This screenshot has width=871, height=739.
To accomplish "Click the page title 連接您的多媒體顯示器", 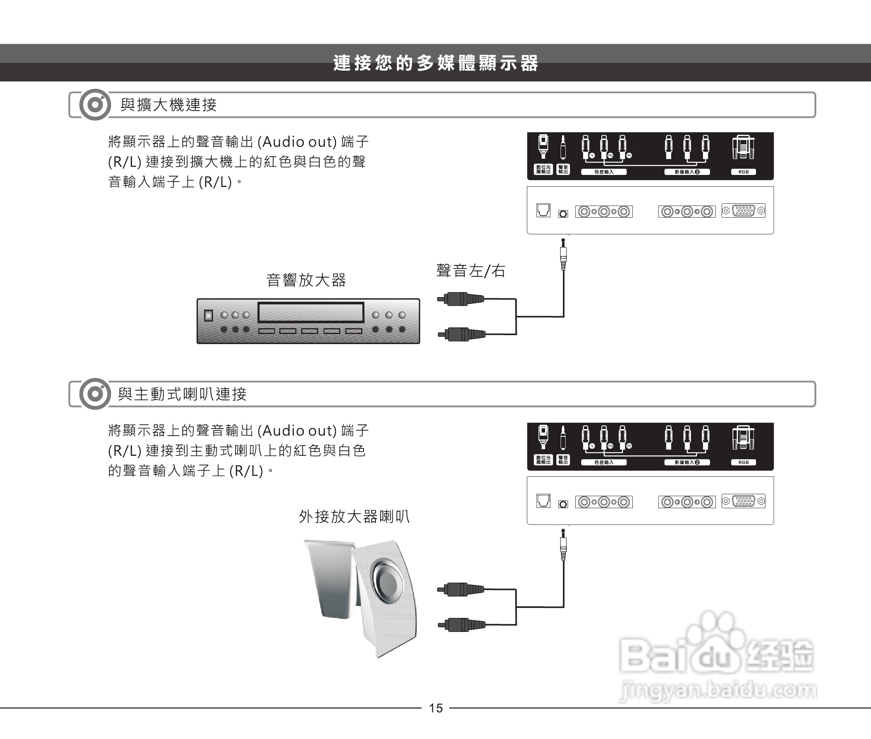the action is [x=435, y=63].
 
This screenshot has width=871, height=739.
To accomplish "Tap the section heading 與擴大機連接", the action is [x=168, y=105].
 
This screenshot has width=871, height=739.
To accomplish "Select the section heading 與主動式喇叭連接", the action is [x=182, y=394].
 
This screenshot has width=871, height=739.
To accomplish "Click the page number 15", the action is [x=436, y=708].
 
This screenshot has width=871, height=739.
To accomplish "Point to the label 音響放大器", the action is [x=306, y=280].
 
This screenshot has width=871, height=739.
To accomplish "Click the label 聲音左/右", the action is [x=471, y=271].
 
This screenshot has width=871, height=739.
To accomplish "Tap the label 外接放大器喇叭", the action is [x=354, y=517].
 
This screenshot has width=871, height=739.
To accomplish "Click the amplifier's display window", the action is [x=310, y=313].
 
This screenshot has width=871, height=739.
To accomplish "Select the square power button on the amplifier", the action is [x=208, y=315].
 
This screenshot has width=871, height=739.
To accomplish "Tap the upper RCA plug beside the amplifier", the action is [x=461, y=299].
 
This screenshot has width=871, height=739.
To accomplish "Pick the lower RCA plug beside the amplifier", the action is [x=462, y=334].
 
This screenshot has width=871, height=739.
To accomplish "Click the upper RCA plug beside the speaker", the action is [x=461, y=589].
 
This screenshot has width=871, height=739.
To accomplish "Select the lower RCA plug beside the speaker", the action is [x=462, y=625].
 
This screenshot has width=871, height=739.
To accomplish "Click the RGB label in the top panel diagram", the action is [x=743, y=172].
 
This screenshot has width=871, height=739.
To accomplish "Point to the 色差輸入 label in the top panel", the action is [x=604, y=172].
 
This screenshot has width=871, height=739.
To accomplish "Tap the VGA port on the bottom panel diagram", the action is [x=744, y=501].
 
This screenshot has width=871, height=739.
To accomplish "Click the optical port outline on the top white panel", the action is [x=544, y=210].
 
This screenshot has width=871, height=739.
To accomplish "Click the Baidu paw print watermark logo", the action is [x=712, y=637].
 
